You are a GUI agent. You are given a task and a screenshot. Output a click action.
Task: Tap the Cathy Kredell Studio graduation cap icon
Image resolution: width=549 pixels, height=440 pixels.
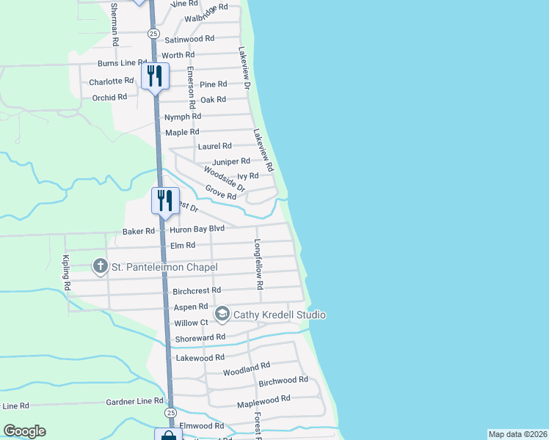coord(222,315)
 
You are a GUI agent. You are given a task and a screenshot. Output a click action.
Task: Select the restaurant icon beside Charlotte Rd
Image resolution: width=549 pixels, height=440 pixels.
coord(156,76)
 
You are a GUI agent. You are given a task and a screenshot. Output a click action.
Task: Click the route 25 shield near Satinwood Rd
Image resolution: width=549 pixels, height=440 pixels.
coord(153,33)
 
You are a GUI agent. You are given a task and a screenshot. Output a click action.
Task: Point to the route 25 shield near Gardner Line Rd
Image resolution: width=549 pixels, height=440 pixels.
coord(170,413)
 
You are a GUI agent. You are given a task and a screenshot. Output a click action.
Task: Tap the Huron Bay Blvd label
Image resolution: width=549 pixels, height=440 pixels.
coord(197,229)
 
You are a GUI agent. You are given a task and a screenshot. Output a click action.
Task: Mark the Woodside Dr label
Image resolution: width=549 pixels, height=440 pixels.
coord(225,179)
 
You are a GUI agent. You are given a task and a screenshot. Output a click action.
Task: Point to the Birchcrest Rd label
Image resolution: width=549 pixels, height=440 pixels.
coord(197,291)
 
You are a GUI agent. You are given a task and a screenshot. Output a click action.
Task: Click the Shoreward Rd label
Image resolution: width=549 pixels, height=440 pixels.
coord(200,338)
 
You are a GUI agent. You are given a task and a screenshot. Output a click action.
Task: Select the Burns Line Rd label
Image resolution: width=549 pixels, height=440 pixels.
coord(123,63)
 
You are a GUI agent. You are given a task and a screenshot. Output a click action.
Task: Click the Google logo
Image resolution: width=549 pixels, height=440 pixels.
coord(24,431)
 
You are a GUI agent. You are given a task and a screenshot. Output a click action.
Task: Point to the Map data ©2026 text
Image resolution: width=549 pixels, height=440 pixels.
coord(517,434)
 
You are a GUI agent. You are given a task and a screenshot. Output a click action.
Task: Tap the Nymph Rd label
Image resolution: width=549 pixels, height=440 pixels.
coord(183,117)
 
